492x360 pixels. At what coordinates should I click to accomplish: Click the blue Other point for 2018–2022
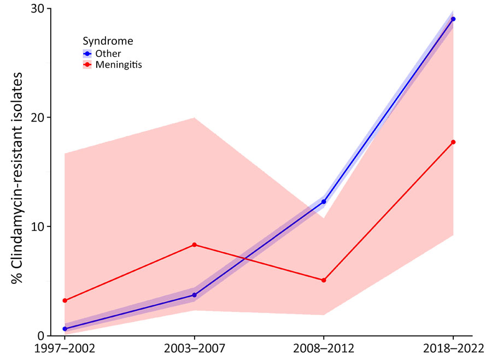(453, 19)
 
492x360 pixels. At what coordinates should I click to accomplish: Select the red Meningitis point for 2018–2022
(453, 142)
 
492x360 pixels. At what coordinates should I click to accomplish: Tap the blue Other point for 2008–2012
(324, 202)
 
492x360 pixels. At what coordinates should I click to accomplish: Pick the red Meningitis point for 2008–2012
(324, 280)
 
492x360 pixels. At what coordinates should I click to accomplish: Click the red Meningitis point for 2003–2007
(194, 245)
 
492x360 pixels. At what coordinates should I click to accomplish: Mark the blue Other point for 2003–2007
(194, 295)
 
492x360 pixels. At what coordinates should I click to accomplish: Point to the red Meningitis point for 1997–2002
(65, 300)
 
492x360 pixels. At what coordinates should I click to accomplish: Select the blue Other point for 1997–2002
(65, 329)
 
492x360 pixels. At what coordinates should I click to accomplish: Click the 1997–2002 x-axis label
(65, 349)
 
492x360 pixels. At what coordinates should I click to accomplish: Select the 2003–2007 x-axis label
(194, 349)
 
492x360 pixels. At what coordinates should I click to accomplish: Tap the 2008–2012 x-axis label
(324, 349)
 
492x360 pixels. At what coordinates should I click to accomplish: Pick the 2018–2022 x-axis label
(453, 349)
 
